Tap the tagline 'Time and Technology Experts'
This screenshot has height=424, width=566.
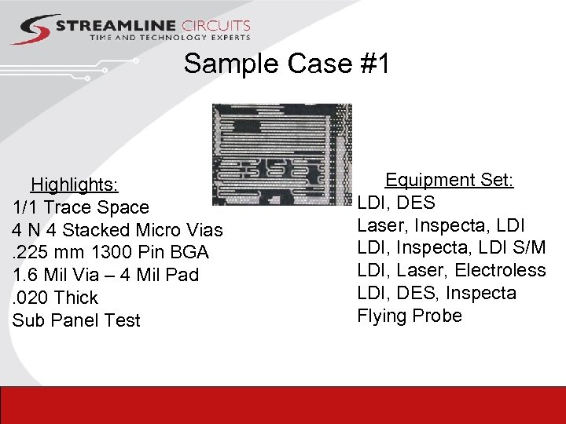pos(170,38)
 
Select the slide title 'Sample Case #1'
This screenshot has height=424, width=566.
pos(286,64)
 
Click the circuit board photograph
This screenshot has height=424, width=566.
pos(282,154)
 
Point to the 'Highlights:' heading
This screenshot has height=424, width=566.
pos(75,185)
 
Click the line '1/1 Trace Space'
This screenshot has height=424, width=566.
pos(81,207)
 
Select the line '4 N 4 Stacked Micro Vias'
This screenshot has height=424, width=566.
pos(118,230)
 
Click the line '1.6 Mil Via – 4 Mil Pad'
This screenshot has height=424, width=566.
pos(106,276)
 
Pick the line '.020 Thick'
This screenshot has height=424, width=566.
pos(55,298)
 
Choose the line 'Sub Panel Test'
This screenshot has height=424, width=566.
pos(76,320)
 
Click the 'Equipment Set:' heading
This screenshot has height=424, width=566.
pos(449,181)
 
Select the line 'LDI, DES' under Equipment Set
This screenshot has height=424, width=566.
pos(396,203)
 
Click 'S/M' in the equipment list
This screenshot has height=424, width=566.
pos(527,248)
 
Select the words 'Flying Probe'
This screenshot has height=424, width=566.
pos(410,316)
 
